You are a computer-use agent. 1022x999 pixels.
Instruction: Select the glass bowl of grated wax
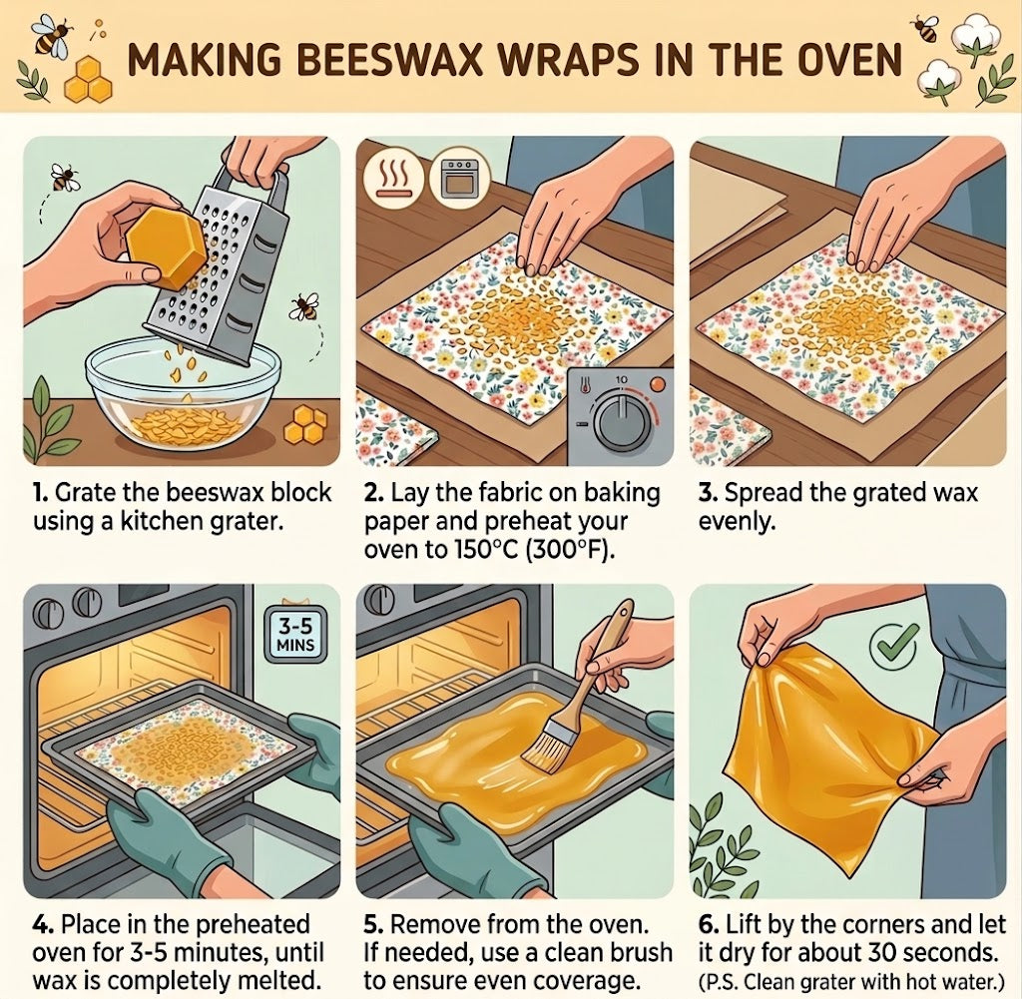[x=184, y=397]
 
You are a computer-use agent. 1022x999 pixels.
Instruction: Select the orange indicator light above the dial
[x=659, y=383]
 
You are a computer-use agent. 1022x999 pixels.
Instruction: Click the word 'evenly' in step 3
[x=738, y=522]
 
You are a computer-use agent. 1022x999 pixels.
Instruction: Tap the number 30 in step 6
[x=882, y=953]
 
